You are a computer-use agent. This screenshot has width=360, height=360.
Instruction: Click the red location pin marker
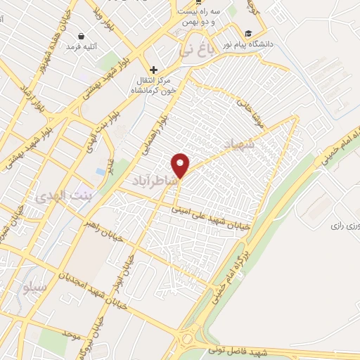click(x=181, y=165)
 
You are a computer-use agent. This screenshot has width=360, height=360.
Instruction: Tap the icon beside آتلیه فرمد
click(x=82, y=35)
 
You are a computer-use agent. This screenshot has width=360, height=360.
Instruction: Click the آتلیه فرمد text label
click(x=81, y=46)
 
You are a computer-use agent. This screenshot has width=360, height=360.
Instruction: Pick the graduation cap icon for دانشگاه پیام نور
click(x=248, y=33)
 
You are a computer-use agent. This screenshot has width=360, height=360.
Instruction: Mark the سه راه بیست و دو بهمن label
click(x=198, y=18)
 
